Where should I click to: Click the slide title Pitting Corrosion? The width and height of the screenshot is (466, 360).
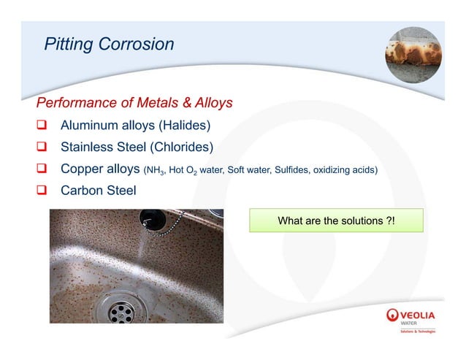(x=109, y=44)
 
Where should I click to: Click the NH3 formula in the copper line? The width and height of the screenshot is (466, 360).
(x=154, y=171)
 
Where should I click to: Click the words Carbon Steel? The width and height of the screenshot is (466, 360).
(x=98, y=192)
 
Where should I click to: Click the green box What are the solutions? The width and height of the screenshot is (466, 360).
(x=336, y=221)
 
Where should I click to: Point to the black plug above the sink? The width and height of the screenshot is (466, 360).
(x=151, y=218)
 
